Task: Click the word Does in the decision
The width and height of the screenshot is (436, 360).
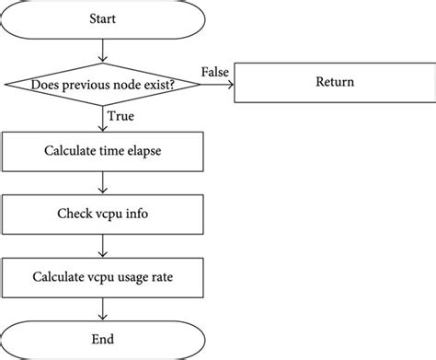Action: [47, 85]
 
